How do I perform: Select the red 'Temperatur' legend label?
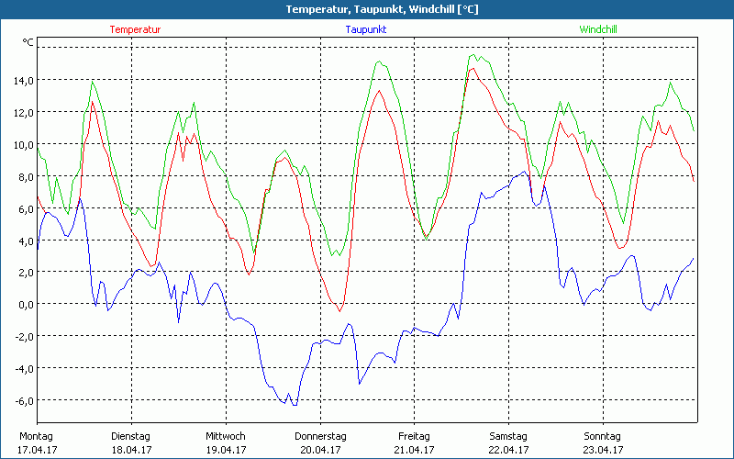(x=135, y=29)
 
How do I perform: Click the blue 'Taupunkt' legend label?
(x=365, y=29)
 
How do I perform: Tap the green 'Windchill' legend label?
(x=598, y=29)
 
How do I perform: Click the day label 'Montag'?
(x=37, y=436)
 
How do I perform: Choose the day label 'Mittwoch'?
(x=226, y=436)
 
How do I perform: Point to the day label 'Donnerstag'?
(x=320, y=436)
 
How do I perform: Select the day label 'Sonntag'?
(x=603, y=436)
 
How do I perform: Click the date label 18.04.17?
(x=131, y=450)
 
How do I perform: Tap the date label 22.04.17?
(x=508, y=450)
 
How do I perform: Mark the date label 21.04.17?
(x=414, y=450)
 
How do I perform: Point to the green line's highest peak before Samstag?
(x=472, y=55)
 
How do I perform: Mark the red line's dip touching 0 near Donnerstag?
(x=339, y=311)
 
